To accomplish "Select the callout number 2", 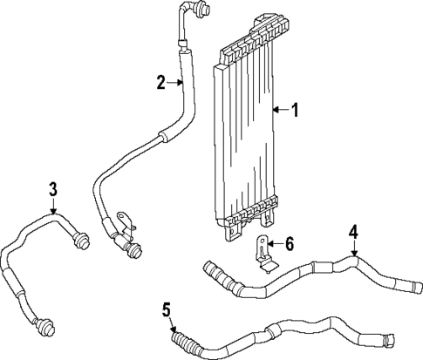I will click(x=161, y=83).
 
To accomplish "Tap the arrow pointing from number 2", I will click(x=175, y=83).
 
